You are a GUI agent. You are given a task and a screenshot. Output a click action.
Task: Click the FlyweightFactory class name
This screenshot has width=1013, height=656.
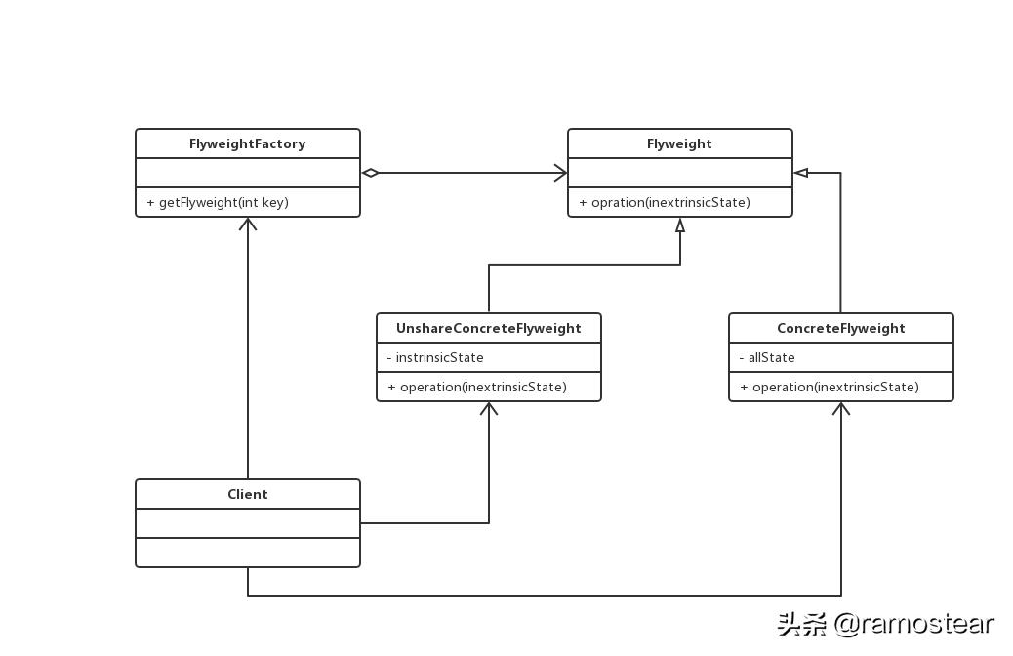tap(247, 143)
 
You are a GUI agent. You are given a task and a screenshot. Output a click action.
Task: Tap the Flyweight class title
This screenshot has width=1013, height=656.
tap(679, 143)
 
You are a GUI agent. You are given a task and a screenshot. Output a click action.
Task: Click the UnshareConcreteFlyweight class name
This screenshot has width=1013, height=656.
tap(488, 328)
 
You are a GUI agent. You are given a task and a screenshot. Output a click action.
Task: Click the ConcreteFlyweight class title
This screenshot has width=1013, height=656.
tap(840, 328)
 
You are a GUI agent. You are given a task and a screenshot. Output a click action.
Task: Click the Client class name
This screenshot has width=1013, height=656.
tap(247, 494)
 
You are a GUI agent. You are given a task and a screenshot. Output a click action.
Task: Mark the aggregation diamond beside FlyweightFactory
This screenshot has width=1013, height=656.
tap(371, 173)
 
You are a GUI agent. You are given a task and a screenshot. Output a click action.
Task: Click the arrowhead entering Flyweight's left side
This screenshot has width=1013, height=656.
tap(560, 173)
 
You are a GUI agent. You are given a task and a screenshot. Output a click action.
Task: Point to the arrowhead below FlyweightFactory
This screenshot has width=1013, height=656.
tap(248, 224)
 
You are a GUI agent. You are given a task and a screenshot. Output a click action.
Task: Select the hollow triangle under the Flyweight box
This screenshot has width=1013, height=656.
tap(680, 225)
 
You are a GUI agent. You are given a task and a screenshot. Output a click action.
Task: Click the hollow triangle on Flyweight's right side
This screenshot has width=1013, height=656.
tap(801, 173)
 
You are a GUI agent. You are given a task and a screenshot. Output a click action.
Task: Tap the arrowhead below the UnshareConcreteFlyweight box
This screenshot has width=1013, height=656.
tap(489, 408)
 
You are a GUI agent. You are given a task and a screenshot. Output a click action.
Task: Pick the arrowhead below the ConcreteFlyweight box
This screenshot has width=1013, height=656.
tap(841, 408)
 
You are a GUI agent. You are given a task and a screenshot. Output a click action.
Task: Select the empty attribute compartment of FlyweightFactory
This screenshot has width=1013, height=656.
tap(247, 173)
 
